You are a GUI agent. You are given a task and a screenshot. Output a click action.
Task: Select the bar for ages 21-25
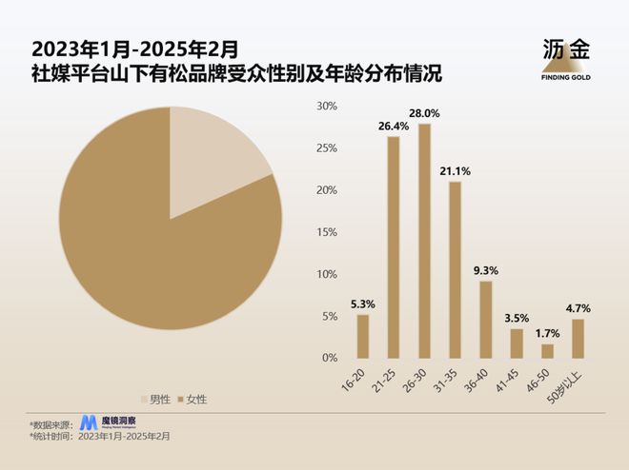[x=393, y=247]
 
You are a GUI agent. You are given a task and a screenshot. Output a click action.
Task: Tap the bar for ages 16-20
[x=362, y=336]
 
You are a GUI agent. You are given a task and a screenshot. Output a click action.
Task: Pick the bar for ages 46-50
[x=548, y=351]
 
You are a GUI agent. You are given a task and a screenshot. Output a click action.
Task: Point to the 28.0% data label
[x=424, y=112]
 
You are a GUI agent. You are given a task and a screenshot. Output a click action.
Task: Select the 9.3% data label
[x=486, y=270]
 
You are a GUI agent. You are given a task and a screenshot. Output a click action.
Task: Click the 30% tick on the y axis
[x=327, y=106]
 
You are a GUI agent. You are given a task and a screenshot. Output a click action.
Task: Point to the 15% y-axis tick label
[x=327, y=232]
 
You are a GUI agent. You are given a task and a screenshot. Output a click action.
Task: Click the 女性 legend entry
[x=193, y=400]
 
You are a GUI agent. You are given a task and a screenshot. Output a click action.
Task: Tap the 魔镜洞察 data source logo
[x=106, y=421]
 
